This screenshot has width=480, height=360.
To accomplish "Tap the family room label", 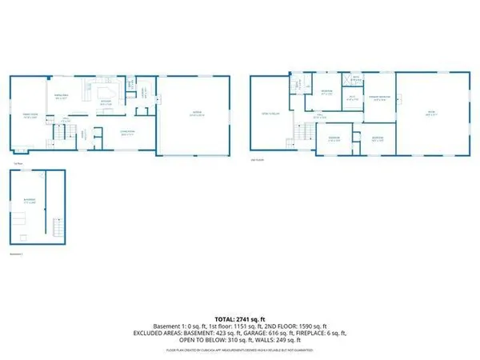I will [31, 115].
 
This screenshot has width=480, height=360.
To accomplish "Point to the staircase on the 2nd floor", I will [304, 132].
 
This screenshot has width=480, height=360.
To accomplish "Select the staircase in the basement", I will [56, 229].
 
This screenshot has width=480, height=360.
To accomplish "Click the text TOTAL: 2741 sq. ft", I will [240, 318].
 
